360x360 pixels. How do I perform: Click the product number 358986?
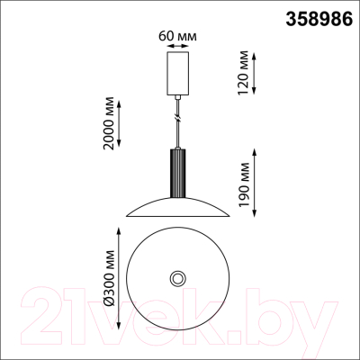coord(319,19)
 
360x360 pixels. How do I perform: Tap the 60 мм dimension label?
coord(177,36)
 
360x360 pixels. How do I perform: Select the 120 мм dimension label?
coord(243,73)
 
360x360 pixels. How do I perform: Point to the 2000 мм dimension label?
coord(108,123)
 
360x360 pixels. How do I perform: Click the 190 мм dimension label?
coord(243,184)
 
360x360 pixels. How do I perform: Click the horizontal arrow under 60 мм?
coord(177,46)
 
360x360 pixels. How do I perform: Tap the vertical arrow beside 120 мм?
coord(254,74)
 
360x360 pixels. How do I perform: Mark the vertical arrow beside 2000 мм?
coord(119,123)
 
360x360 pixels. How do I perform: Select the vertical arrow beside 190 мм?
coord(255,183)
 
